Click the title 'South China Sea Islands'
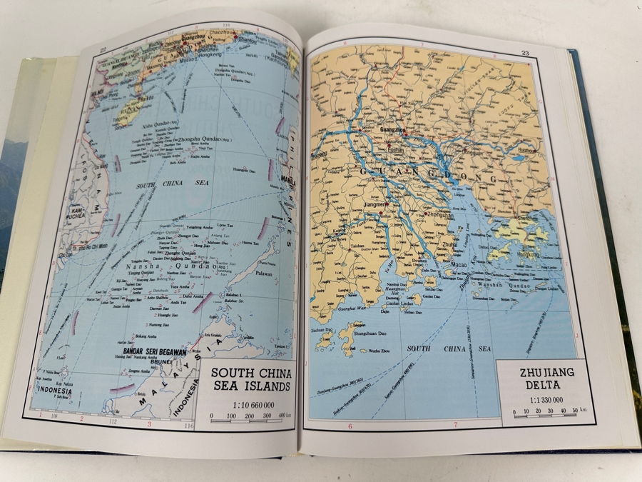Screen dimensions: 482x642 [x=250, y=379]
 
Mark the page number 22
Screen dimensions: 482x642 [x=103, y=49]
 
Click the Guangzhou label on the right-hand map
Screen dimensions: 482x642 [x=397, y=129]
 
